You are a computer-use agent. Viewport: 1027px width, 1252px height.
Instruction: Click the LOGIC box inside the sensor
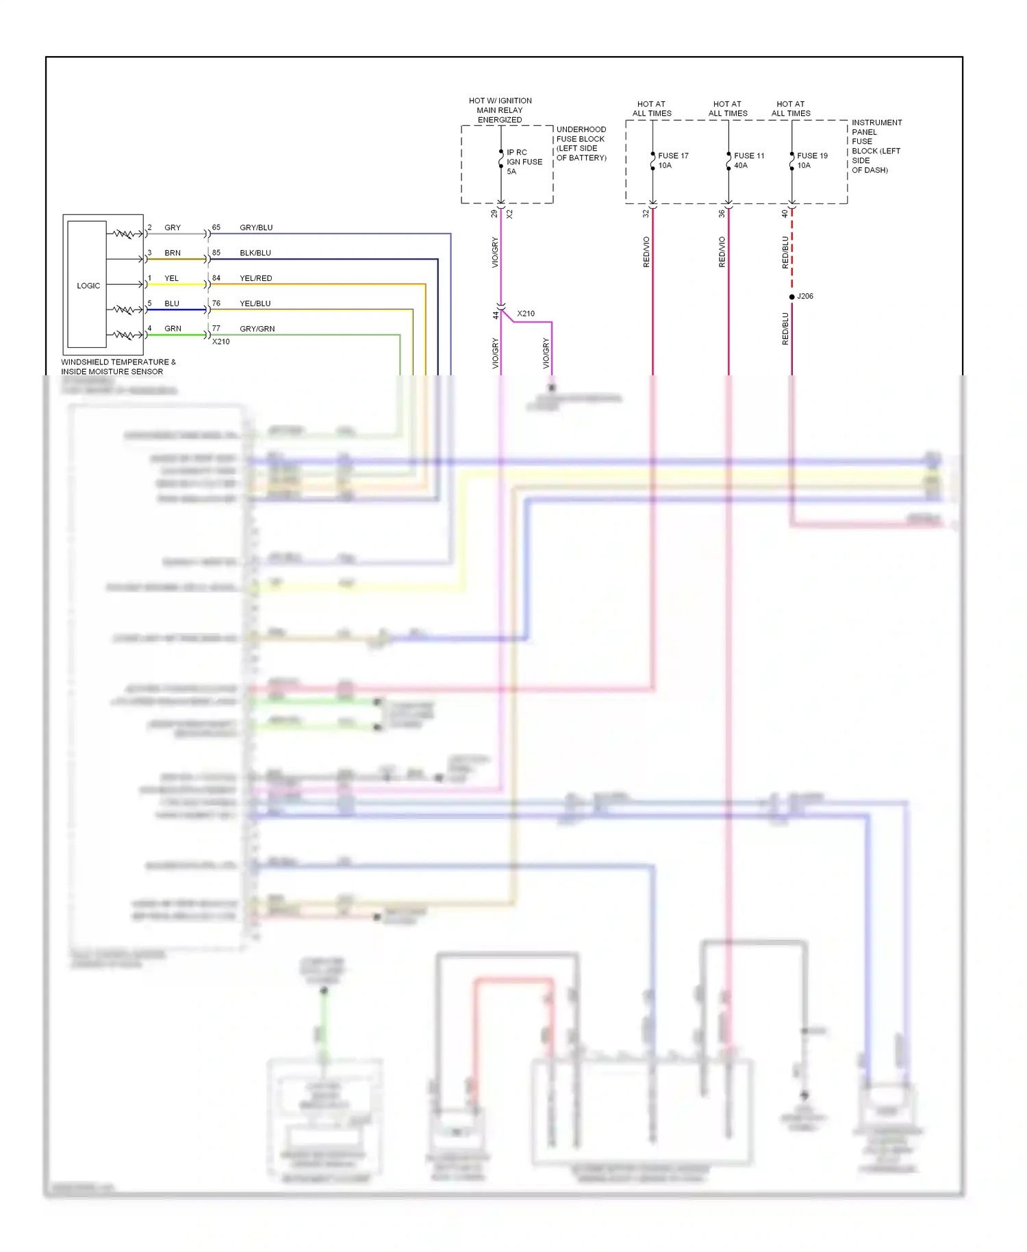[x=88, y=286]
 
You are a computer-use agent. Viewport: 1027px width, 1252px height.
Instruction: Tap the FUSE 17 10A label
[x=672, y=160]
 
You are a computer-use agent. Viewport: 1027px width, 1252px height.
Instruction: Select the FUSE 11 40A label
[x=748, y=160]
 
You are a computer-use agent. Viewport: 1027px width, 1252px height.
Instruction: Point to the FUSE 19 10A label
[x=811, y=160]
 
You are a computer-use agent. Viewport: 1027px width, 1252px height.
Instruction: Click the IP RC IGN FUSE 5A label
[x=524, y=162]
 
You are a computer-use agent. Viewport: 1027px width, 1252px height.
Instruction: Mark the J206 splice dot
[x=792, y=297]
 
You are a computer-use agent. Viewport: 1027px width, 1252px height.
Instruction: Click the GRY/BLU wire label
[x=256, y=227]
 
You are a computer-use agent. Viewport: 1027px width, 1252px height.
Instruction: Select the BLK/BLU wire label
[x=255, y=253]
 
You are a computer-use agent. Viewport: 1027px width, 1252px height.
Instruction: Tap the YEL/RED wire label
[x=255, y=278]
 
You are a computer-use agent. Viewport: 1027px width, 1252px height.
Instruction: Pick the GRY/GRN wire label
[x=257, y=329]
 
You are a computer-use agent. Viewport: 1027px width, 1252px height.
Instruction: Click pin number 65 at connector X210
[x=216, y=227]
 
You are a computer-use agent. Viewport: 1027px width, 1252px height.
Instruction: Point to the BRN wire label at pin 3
[x=173, y=253]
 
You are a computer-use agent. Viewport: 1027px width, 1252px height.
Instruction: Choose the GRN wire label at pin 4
[x=173, y=329]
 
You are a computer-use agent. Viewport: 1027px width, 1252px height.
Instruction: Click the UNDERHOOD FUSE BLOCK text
[x=581, y=143]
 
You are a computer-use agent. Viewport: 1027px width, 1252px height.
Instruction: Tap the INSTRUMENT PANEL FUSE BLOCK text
[x=876, y=146]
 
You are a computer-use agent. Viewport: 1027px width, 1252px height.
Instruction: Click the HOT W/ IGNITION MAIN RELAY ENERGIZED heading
[x=500, y=110]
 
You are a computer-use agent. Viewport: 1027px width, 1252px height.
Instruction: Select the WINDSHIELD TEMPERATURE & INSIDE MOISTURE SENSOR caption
[x=118, y=366]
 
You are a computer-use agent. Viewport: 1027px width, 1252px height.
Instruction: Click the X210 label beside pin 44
[x=526, y=314]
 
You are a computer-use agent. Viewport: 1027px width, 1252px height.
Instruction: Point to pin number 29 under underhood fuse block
[x=494, y=214]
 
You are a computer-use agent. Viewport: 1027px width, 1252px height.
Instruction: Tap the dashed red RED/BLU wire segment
[x=792, y=250]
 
